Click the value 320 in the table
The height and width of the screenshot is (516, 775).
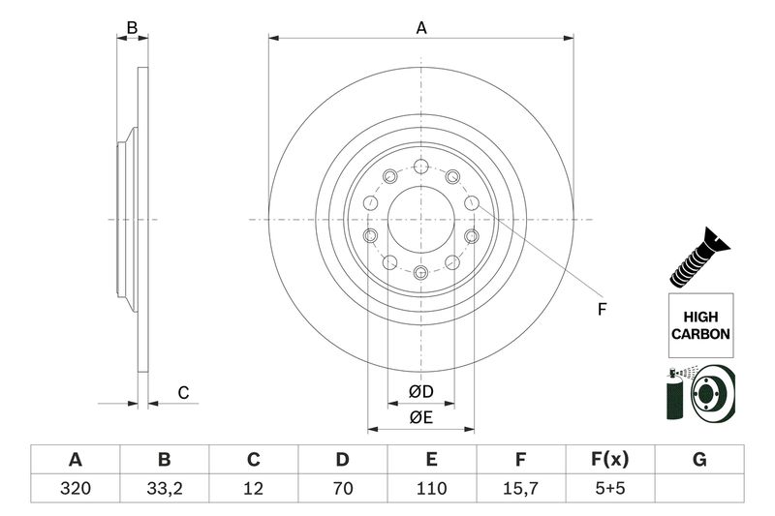pyautogui.click(x=75, y=489)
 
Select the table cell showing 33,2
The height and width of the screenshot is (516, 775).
pyautogui.click(x=164, y=489)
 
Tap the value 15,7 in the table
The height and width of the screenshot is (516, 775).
pyautogui.click(x=520, y=489)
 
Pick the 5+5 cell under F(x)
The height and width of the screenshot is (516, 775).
pyautogui.click(x=610, y=489)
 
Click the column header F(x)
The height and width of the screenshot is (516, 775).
pyautogui.click(x=610, y=459)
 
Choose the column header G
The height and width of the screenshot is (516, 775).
pyautogui.click(x=699, y=459)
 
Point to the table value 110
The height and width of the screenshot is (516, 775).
pyautogui.click(x=431, y=489)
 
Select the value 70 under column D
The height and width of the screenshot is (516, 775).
pyautogui.click(x=342, y=489)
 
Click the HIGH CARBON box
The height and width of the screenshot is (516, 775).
pyautogui.click(x=699, y=323)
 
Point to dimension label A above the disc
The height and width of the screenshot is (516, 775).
pyautogui.click(x=421, y=28)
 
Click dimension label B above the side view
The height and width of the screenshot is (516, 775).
pyautogui.click(x=133, y=28)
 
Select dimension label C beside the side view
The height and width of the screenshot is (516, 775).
pyautogui.click(x=181, y=392)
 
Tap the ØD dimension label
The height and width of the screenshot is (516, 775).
pyautogui.click(x=420, y=392)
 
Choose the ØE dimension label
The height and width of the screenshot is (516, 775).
pyautogui.click(x=420, y=417)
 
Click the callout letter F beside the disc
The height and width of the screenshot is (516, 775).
pyautogui.click(x=601, y=310)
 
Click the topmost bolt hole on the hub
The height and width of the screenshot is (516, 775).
pyautogui.click(x=421, y=165)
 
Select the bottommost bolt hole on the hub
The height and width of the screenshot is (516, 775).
pyautogui.click(x=421, y=273)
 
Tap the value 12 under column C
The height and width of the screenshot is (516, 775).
pyautogui.click(x=253, y=489)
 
